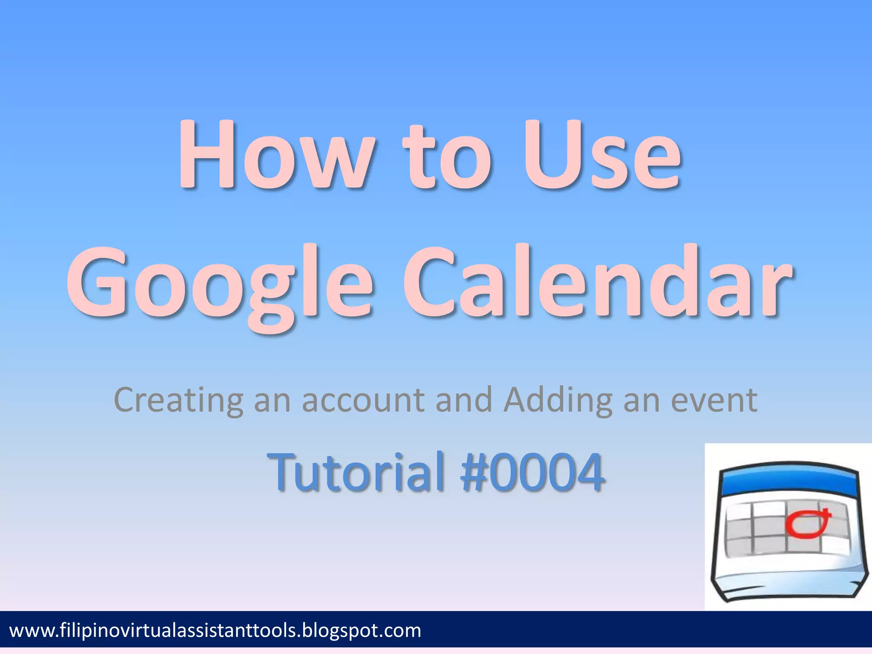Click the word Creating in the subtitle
[179, 400]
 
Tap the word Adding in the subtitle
[558, 400]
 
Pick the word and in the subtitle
[464, 400]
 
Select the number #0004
[532, 471]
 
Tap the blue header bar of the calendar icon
[788, 483]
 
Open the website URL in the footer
[215, 631]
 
